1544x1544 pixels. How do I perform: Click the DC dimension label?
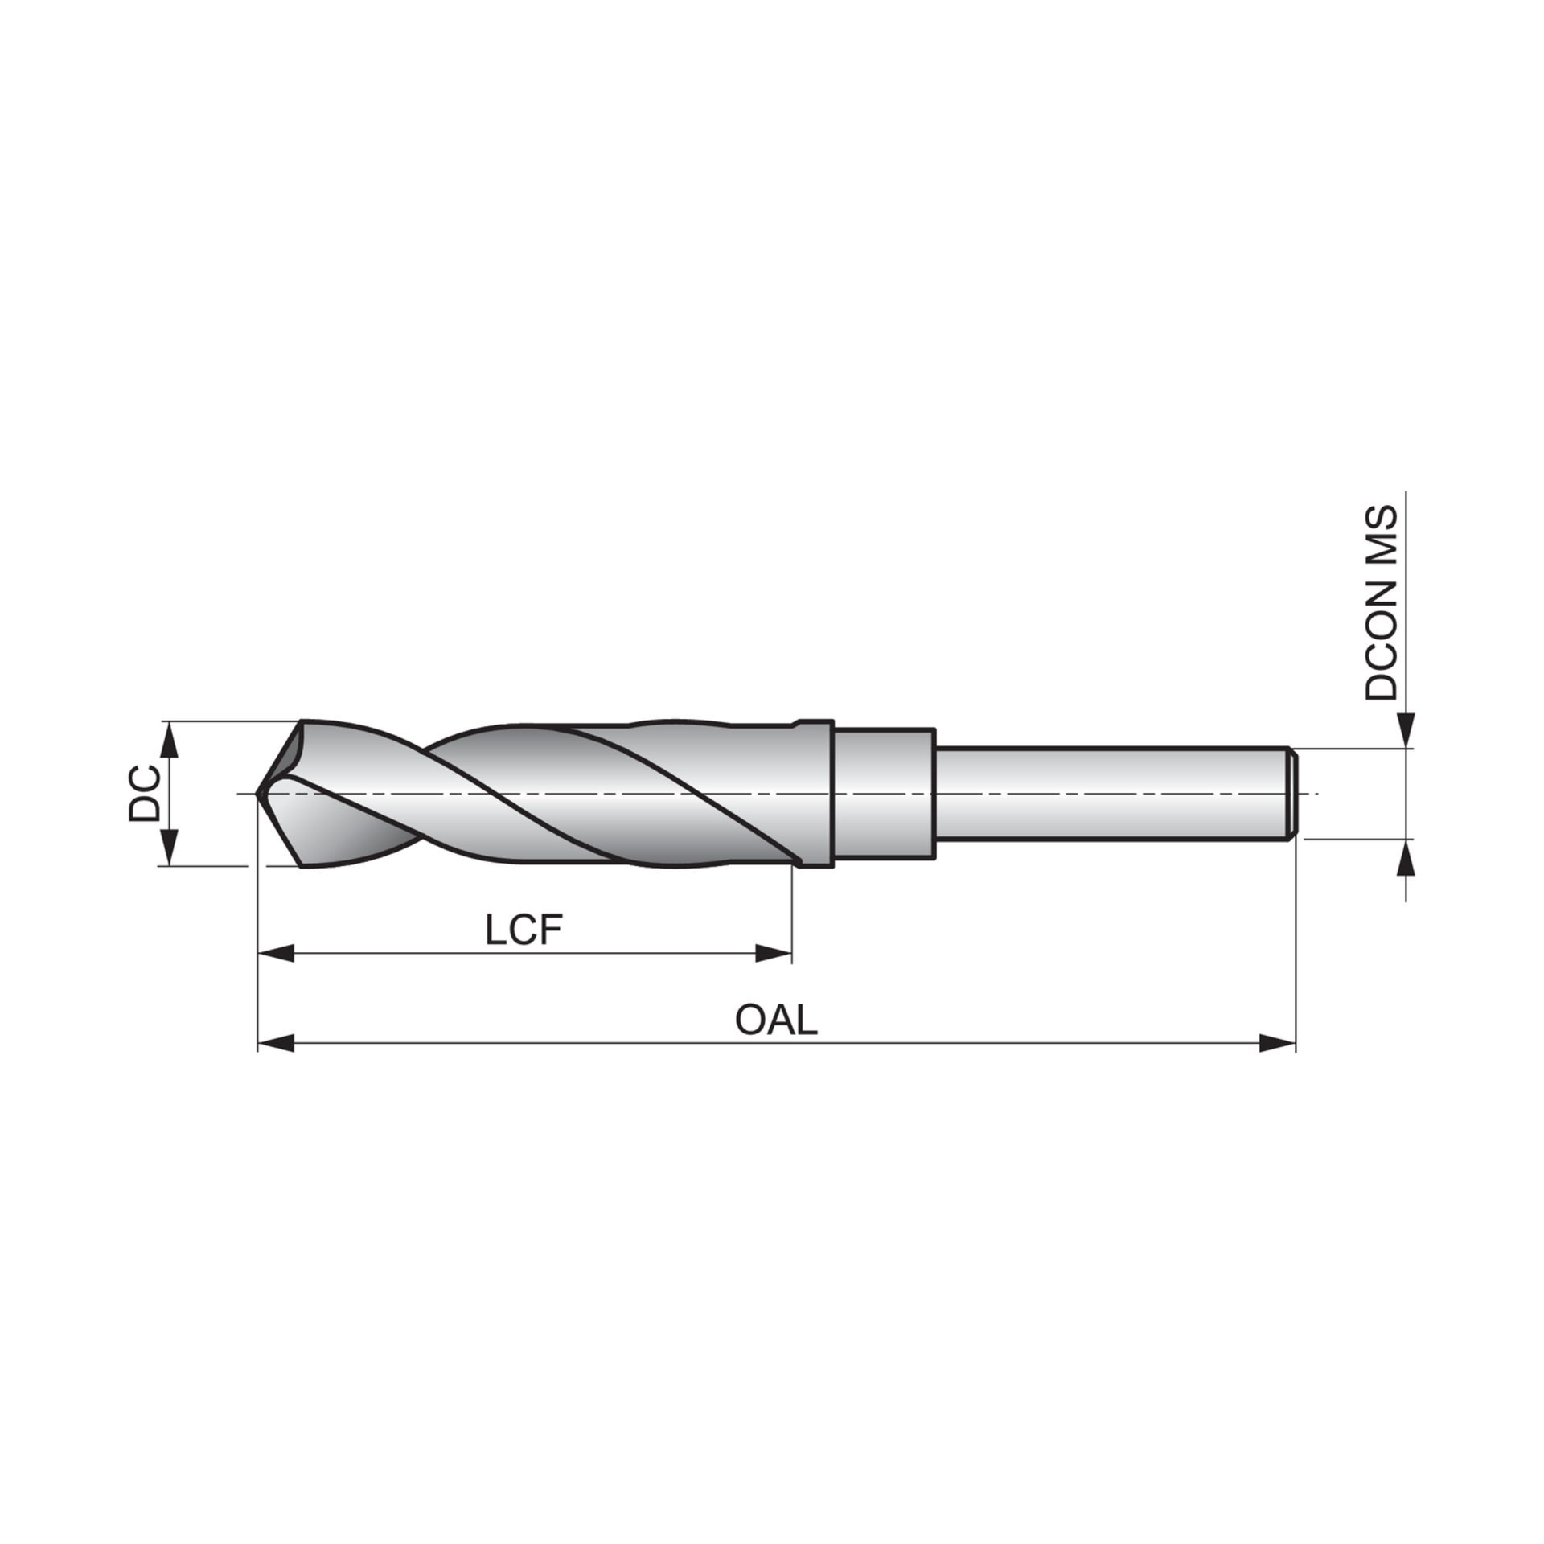144,793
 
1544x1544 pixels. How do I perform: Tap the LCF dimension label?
523,930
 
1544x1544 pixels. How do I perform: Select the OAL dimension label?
776,1021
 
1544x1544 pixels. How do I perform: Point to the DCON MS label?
1382,603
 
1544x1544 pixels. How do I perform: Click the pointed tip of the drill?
257,794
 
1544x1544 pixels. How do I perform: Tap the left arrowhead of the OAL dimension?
274,1044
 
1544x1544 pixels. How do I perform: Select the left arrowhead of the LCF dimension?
274,955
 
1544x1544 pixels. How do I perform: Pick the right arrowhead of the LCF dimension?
774,955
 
